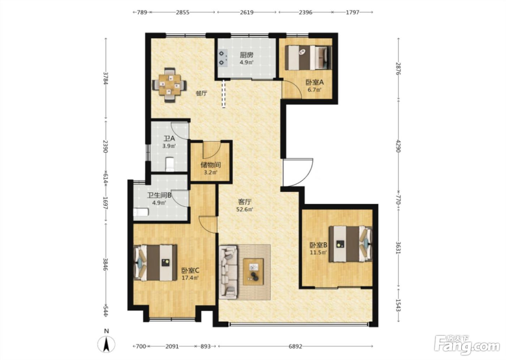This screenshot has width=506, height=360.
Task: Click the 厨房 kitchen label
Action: pyautogui.click(x=246, y=55)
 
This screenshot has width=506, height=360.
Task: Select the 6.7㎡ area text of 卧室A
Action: pyautogui.click(x=314, y=90)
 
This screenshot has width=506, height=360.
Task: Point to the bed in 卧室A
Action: pyautogui.click(x=308, y=57)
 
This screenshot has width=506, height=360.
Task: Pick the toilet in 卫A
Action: pyautogui.click(x=170, y=164)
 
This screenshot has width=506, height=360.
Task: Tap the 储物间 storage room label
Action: pyautogui.click(x=210, y=165)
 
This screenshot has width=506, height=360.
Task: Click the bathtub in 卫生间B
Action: pyautogui.click(x=141, y=212)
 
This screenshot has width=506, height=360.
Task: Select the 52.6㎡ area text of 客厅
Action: pyautogui.click(x=245, y=209)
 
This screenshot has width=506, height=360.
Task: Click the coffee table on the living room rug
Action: pyautogui.click(x=253, y=272)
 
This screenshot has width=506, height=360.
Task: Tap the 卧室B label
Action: pyautogui.click(x=318, y=245)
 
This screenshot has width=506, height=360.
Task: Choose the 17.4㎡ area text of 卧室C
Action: pyautogui.click(x=190, y=278)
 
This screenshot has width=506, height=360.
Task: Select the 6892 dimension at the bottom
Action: pyautogui.click(x=295, y=346)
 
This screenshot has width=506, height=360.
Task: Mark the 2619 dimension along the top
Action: pyautogui.click(x=246, y=12)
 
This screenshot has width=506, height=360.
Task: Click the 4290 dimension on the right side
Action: pyautogui.click(x=398, y=146)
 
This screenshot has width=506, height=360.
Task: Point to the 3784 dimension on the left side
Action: pyautogui.click(x=106, y=78)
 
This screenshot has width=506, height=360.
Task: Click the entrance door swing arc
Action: pyautogui.click(x=305, y=179)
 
